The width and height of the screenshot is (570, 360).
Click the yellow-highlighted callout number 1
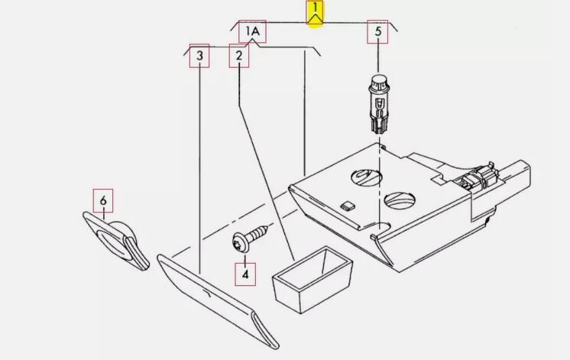(x=315, y=14)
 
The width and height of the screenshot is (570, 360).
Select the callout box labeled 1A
(x=252, y=31)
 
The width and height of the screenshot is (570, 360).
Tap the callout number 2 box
(x=239, y=56)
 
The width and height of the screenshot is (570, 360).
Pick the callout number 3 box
(x=199, y=56)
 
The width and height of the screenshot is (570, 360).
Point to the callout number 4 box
(x=245, y=274)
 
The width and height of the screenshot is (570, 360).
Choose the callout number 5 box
(x=377, y=31)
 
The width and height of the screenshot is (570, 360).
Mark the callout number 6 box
(x=103, y=200)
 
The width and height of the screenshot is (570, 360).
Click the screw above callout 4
(x=250, y=238)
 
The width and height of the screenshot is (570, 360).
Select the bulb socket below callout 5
(x=379, y=104)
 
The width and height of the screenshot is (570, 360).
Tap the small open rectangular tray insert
(x=313, y=280)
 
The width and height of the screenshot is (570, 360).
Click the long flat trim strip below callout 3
(x=218, y=301)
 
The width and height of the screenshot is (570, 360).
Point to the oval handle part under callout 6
(x=116, y=241)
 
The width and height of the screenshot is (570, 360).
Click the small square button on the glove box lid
(x=348, y=206)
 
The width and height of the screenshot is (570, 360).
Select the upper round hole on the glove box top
(x=367, y=177)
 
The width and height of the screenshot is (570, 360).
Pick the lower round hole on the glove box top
(x=400, y=200)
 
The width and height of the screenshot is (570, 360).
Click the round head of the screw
(x=239, y=242)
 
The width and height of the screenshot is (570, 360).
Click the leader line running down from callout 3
(x=199, y=170)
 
